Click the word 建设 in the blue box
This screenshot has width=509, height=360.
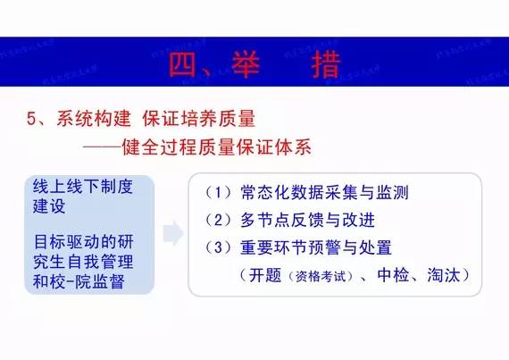click(51, 206)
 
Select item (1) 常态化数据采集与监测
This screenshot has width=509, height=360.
click(308, 193)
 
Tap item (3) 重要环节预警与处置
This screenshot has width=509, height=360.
click(308, 247)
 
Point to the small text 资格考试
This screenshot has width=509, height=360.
click(313, 276)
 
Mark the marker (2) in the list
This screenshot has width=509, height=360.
click(219, 220)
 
